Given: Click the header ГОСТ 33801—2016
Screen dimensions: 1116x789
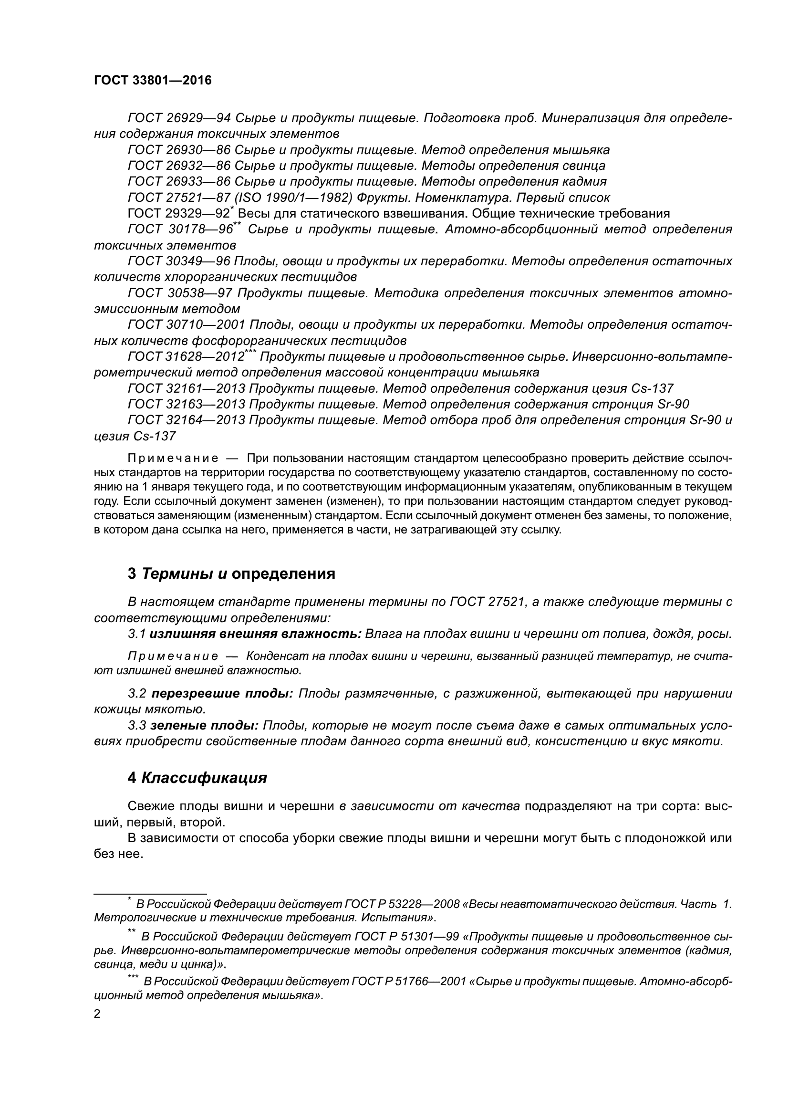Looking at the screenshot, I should (153, 80).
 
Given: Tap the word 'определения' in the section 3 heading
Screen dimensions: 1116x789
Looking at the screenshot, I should (284, 574).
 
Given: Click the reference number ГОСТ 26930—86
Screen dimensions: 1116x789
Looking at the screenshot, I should (179, 150).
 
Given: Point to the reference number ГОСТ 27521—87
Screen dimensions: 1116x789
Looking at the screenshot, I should (179, 198).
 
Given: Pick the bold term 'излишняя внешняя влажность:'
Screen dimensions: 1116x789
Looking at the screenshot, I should (256, 634).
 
